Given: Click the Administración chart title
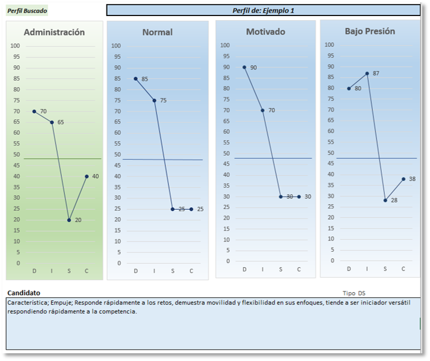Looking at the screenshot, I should pos(54,32).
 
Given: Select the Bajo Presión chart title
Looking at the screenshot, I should pos(370,31).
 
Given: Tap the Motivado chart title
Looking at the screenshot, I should pos(265,31).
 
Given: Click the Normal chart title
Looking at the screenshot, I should pos(157,32).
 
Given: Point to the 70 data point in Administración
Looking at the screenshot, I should pos(34,111).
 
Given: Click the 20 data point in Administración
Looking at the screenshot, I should pos(69,220).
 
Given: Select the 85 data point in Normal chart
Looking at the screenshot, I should pos(136,78).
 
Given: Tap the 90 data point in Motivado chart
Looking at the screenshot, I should pos(244,67).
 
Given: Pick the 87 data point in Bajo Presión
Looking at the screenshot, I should pos(367,74).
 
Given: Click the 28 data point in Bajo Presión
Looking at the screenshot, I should pos(385,200).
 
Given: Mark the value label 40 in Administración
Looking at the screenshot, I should pos(95,176).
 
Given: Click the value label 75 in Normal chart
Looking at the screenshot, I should pos(163,100).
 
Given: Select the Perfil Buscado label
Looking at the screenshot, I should pos(27,11).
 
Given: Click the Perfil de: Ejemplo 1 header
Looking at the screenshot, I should pos(263,10).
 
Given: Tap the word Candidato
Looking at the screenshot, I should pos(24,293).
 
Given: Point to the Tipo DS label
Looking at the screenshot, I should pos(354,293).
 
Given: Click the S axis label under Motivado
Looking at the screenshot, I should pos(281,270).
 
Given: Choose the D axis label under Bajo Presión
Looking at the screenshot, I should pos(349,269).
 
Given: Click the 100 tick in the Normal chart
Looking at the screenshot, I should pos(116,46).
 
